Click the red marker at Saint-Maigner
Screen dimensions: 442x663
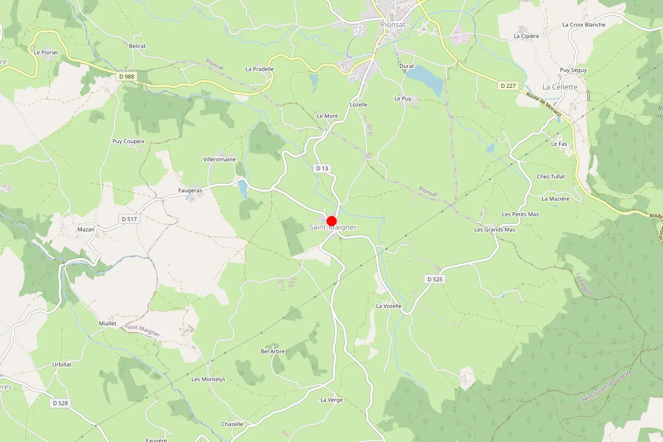point(332,220)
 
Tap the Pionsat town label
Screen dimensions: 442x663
point(393,24)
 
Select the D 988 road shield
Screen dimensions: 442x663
point(126,76)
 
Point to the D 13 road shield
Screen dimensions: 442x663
point(322,168)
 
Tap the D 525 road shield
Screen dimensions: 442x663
point(435,280)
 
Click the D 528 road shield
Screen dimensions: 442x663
point(60,403)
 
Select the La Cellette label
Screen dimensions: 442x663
point(560,87)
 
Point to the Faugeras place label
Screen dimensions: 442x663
point(190,190)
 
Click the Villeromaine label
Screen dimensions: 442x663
point(219,159)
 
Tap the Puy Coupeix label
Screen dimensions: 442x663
point(128,141)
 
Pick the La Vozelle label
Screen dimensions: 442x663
point(388,306)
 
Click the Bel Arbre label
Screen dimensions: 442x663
point(272,351)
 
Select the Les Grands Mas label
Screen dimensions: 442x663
point(494,229)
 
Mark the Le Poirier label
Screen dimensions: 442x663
point(46,52)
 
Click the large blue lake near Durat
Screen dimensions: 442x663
point(427,79)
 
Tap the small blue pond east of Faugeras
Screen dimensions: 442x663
point(243,189)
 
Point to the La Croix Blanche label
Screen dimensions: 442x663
point(583,25)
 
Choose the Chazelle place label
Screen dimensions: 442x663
point(232,424)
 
